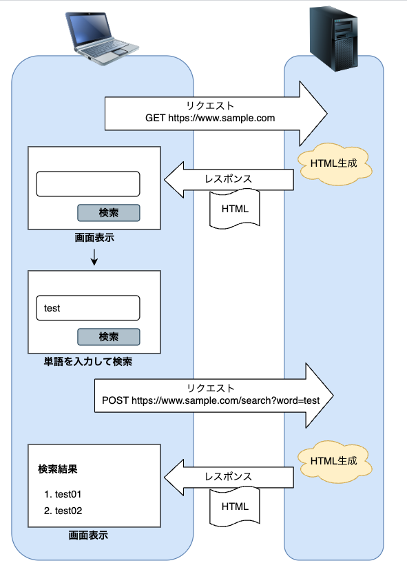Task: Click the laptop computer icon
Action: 102,38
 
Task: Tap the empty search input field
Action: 87,184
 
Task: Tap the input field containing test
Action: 87,308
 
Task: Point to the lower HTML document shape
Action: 235,506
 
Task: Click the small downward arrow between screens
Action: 94,257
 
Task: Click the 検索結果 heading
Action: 57,470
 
